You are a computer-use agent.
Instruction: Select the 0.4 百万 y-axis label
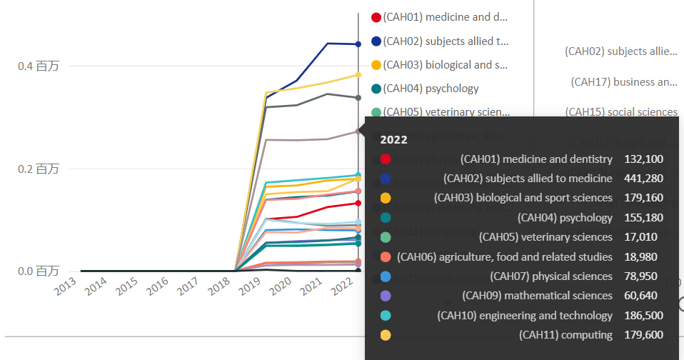[x=38, y=66]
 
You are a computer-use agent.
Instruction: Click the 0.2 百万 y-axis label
[x=38, y=169]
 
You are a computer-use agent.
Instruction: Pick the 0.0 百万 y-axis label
[x=38, y=271]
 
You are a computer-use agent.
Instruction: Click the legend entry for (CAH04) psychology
[x=431, y=89]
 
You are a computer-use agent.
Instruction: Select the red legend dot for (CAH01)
[x=376, y=17]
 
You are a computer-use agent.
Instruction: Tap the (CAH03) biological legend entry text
[x=445, y=65]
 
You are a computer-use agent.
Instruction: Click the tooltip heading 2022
[x=393, y=139]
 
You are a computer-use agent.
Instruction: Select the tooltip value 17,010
[x=640, y=237]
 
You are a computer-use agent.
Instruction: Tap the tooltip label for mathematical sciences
[x=537, y=296]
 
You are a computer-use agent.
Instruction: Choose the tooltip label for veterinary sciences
[x=545, y=237]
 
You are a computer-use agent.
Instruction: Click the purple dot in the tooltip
[x=386, y=296]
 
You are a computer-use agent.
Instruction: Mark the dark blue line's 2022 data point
[x=358, y=44]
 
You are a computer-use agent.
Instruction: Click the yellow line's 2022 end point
[x=358, y=75]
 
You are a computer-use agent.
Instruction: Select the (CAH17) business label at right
[x=624, y=82]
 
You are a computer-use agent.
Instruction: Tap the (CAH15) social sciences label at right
[x=621, y=112]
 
